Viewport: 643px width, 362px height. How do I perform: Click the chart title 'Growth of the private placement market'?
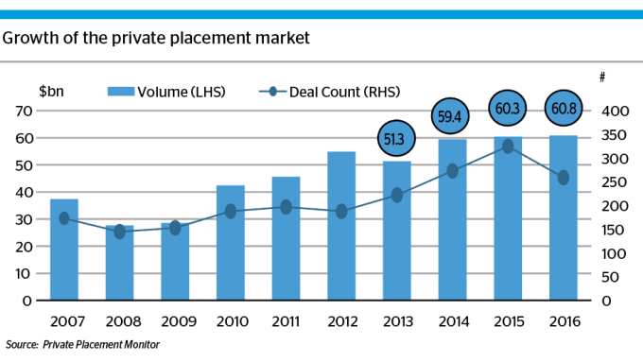click(156, 39)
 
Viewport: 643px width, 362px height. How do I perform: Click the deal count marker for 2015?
click(508, 147)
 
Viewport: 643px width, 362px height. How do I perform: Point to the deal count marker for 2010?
click(230, 212)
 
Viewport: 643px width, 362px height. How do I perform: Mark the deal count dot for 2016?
click(564, 178)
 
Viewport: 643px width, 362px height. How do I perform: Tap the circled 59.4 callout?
click(452, 117)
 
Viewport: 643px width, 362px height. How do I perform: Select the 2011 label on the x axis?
click(286, 321)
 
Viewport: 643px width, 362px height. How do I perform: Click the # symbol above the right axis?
click(603, 76)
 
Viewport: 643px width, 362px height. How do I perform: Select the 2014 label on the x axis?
click(452, 321)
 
